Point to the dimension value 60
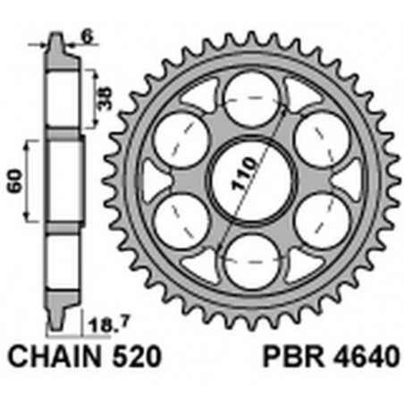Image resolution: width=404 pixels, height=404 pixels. point(13,182)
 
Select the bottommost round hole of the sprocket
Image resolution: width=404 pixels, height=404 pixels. point(251,260)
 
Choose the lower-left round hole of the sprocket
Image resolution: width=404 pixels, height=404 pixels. point(181,219)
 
